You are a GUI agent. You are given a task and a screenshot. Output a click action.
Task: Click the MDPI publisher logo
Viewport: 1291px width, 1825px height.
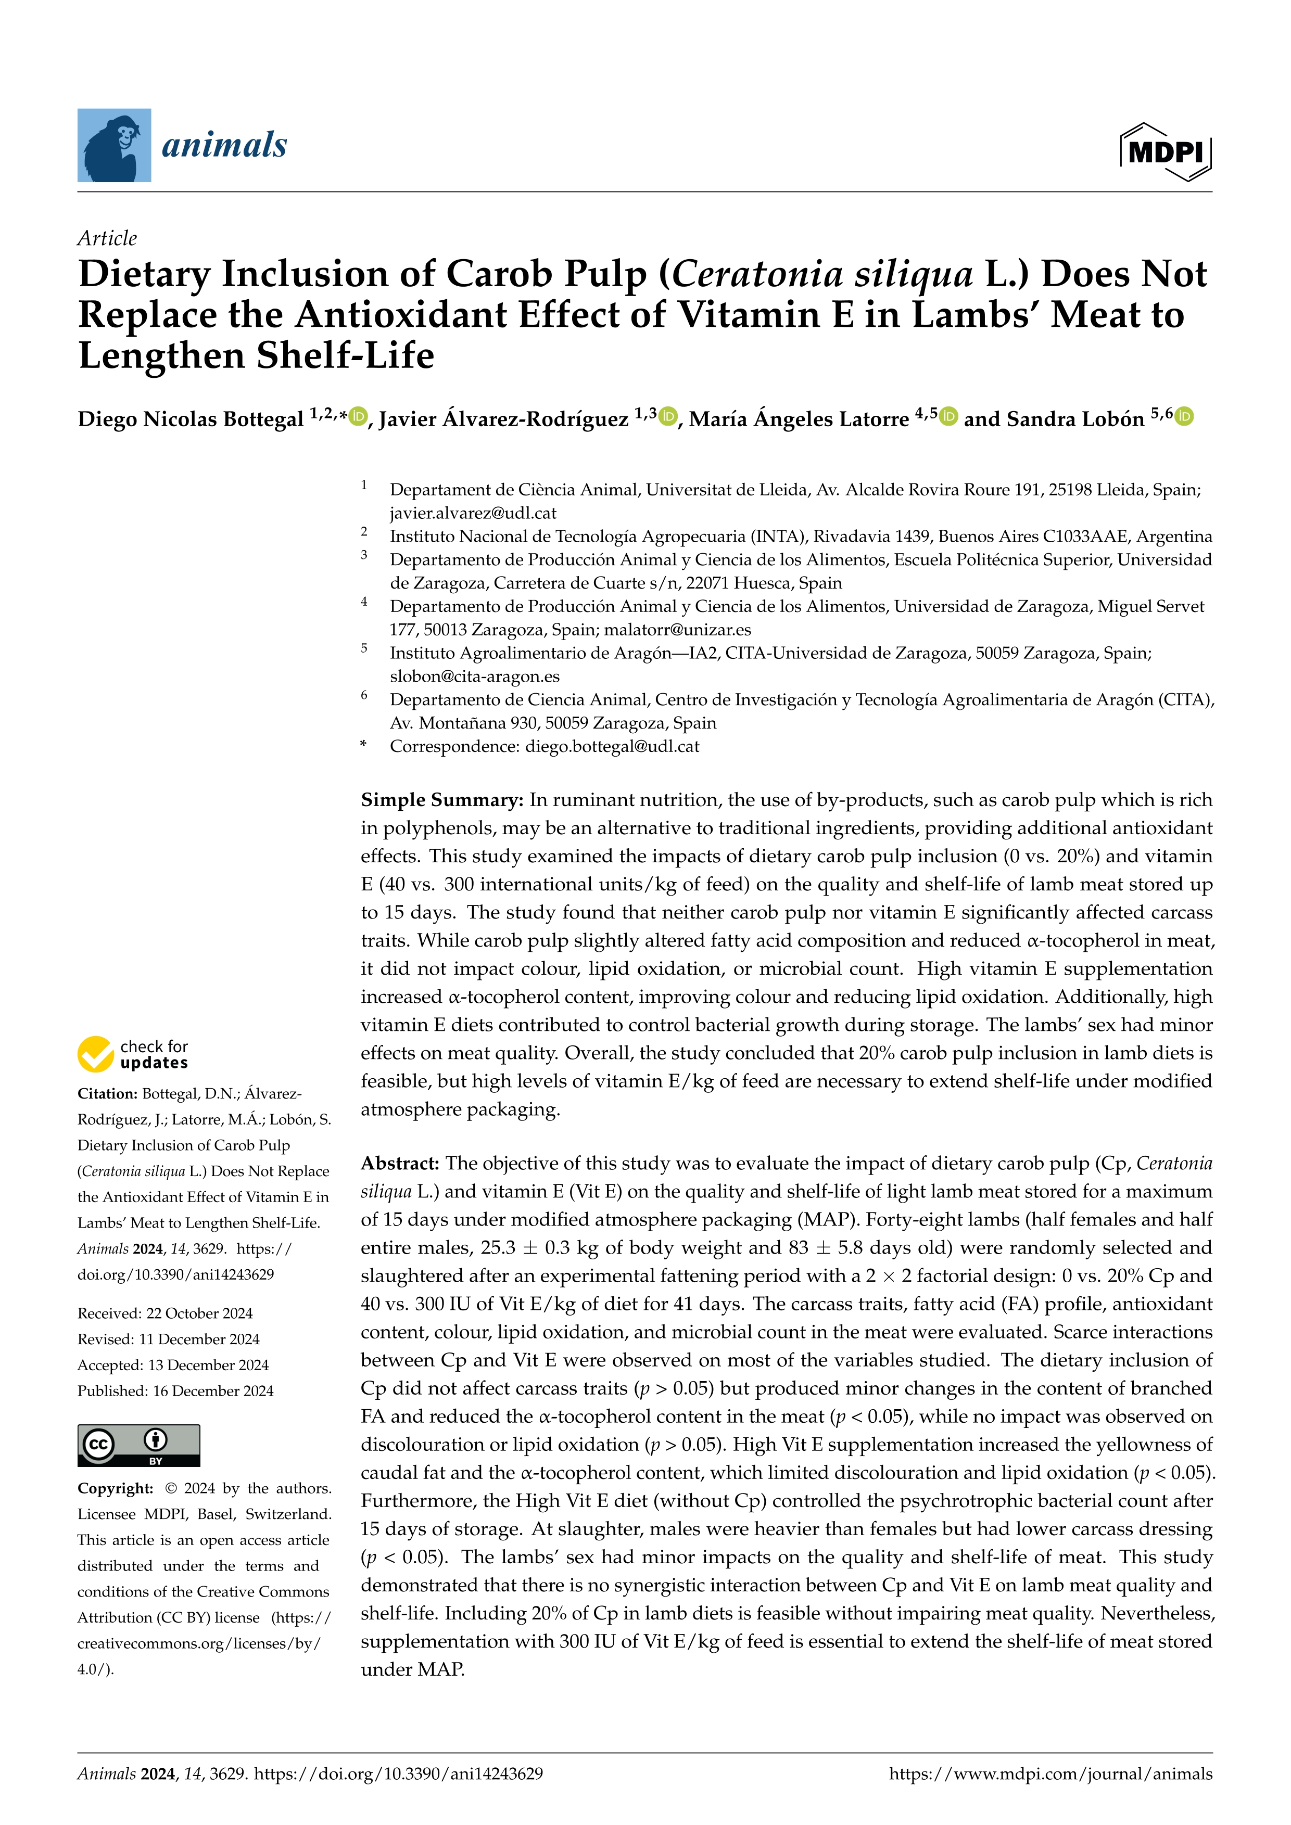(1166, 151)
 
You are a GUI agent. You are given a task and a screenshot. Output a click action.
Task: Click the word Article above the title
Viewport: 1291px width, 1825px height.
(107, 238)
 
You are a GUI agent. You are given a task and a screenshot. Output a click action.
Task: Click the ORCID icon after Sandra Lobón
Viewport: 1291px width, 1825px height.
(1184, 416)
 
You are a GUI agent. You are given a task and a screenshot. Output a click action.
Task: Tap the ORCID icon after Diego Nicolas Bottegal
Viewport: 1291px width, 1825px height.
(359, 416)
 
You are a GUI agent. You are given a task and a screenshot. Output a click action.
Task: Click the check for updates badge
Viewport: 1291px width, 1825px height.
(133, 1054)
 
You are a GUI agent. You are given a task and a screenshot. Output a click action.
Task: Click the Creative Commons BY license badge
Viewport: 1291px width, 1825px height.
(138, 1445)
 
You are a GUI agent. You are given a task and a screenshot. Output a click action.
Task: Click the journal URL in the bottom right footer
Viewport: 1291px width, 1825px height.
(1050, 1774)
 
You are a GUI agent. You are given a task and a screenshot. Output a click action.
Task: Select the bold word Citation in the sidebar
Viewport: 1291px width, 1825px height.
(107, 1094)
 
